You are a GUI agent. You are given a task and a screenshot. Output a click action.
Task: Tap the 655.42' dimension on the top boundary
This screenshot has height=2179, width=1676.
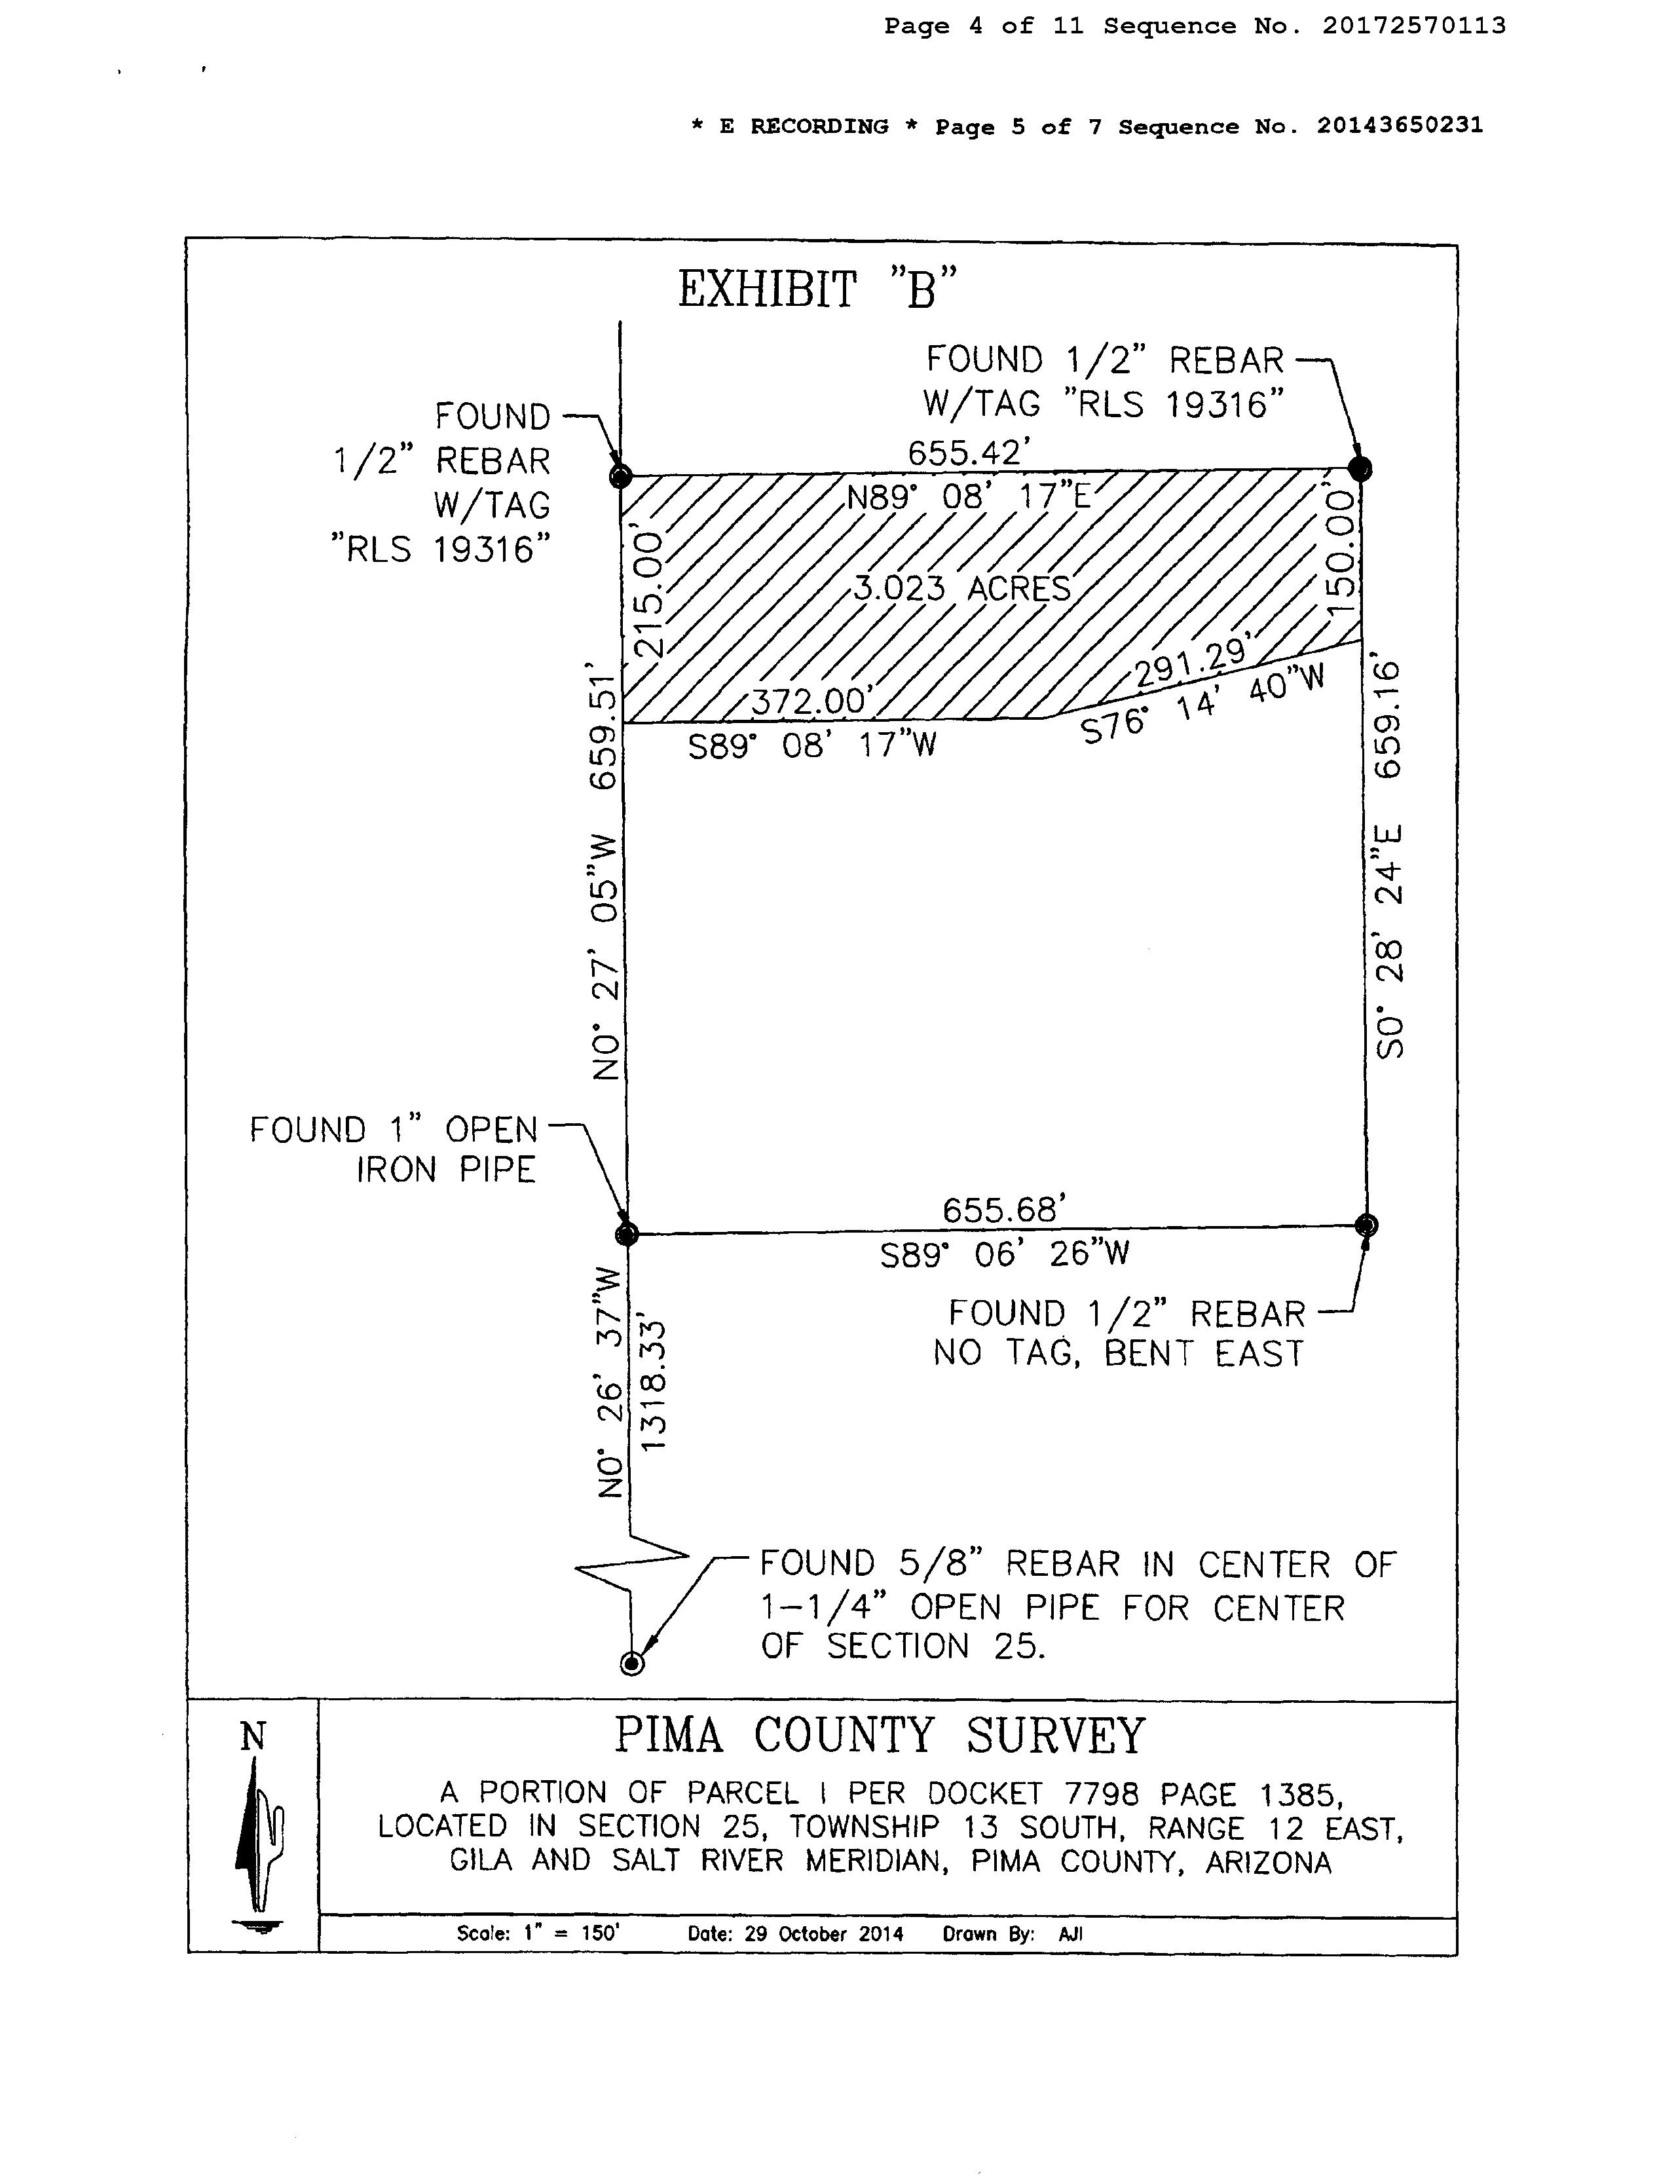tap(967, 453)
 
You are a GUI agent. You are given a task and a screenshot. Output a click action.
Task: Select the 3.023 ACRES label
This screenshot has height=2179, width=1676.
tap(961, 587)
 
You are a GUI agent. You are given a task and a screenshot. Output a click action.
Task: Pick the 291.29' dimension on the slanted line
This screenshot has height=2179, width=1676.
tap(1193, 663)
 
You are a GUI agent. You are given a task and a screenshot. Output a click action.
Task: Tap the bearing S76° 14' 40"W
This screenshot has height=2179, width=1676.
tap(1204, 704)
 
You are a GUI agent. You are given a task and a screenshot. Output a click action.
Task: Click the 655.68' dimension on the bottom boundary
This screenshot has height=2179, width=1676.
tap(1005, 1210)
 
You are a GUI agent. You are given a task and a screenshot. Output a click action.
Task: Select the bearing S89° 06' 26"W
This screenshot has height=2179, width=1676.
tap(1005, 1253)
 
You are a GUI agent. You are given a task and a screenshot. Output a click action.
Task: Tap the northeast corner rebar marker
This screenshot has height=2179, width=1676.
tap(1360, 468)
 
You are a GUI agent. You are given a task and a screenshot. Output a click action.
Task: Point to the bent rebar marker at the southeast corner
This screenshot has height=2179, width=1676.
tap(1367, 1225)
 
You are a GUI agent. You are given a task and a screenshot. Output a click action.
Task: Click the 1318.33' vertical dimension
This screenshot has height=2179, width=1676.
tap(654, 1386)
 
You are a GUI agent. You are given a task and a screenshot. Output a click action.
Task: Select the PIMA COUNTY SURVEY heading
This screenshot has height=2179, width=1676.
tap(879, 1736)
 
